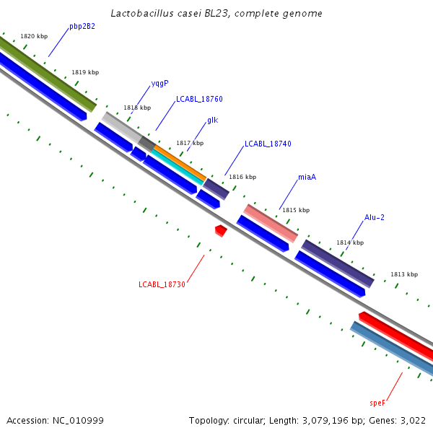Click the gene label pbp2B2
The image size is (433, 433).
point(82,27)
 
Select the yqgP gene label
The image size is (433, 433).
point(159,83)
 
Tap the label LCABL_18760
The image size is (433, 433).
point(199,99)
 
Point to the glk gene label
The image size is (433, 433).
point(212,120)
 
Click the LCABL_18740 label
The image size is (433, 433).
point(268,144)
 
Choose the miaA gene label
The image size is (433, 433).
point(307,177)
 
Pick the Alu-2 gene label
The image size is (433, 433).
point(374,217)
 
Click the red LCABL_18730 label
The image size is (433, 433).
point(162,284)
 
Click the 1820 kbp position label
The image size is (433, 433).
point(34,35)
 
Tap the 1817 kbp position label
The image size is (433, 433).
point(190,143)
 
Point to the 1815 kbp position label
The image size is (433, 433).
point(295,210)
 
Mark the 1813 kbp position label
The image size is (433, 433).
point(404,274)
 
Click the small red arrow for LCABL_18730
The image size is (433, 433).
point(221,230)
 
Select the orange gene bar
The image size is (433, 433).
point(180,164)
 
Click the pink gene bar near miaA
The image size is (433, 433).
point(271,223)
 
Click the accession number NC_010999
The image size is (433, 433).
point(78,420)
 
